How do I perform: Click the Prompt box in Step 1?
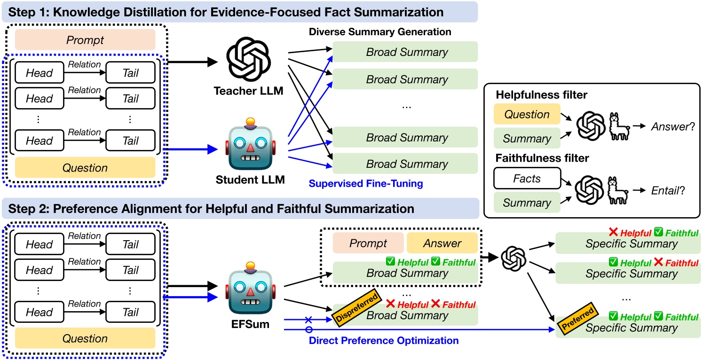(x=85, y=40)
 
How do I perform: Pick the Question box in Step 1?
(x=85, y=168)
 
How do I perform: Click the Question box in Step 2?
(x=85, y=338)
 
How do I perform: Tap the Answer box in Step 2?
(x=442, y=243)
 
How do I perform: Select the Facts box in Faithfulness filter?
(x=527, y=178)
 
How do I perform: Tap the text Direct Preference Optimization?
(x=384, y=340)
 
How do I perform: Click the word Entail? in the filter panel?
(x=668, y=191)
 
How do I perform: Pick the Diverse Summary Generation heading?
(x=380, y=32)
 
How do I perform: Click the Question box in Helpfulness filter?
(x=527, y=114)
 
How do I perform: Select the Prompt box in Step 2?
(x=368, y=243)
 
